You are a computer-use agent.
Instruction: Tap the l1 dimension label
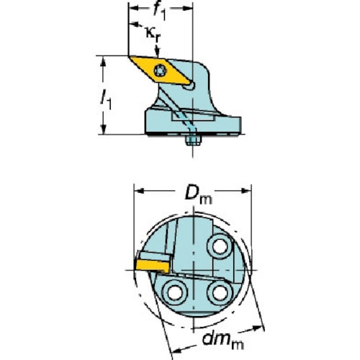pyautogui.click(x=106, y=99)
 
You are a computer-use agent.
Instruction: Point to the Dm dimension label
pyautogui.click(x=199, y=195)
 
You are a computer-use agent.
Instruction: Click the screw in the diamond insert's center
pyautogui.click(x=160, y=71)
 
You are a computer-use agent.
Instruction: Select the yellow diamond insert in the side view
pyautogui.click(x=161, y=71)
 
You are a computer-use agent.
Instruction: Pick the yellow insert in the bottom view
pyautogui.click(x=153, y=266)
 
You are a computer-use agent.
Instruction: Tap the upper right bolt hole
pyautogui.click(x=220, y=246)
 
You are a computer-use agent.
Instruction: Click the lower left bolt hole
pyautogui.click(x=175, y=293)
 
